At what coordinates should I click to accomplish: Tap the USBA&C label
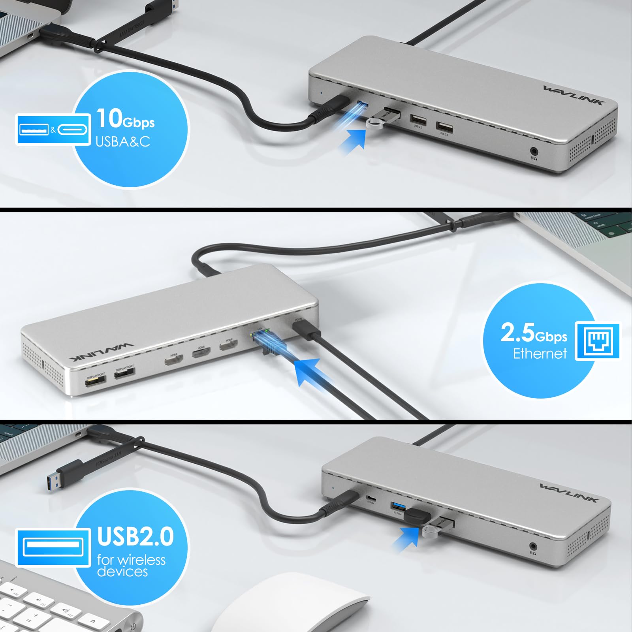[x=123, y=141]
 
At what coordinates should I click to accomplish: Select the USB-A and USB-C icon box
[x=53, y=129]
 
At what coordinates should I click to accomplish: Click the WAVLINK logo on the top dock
[x=574, y=96]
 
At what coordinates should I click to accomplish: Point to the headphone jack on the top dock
[x=534, y=151]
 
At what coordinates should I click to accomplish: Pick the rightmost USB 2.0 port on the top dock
[x=444, y=127]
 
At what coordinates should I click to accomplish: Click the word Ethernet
[x=540, y=353]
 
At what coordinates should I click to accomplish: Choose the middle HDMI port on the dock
[x=201, y=351]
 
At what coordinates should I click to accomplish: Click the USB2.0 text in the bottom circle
[x=135, y=536]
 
